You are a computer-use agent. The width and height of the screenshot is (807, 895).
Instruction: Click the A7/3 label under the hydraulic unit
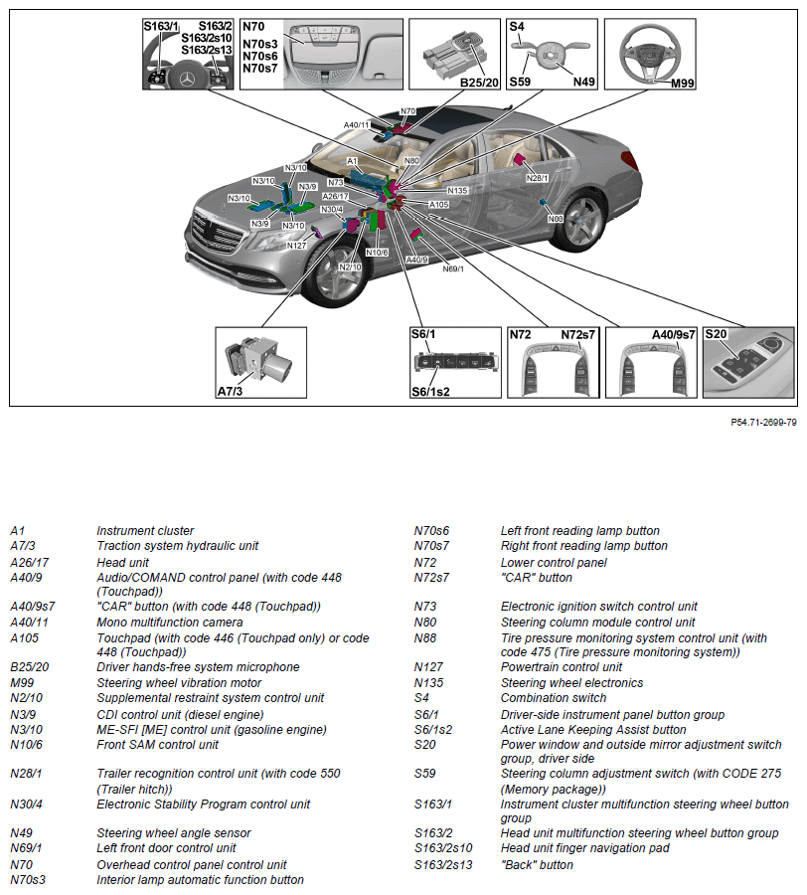point(231,392)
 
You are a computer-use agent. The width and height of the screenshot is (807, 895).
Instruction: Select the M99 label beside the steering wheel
point(682,84)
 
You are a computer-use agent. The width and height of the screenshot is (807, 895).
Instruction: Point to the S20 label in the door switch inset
point(717,335)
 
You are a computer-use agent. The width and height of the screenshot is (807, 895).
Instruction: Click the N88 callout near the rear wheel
point(556,218)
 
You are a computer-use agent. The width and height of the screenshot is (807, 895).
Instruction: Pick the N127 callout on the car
point(296,245)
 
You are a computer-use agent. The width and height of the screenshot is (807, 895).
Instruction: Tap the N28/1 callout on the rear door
point(536,178)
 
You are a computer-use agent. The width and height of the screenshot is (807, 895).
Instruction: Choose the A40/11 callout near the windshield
point(357,125)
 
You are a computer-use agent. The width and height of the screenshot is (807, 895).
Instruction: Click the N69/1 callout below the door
point(452,268)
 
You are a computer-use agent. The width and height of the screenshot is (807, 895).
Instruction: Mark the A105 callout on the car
point(438,205)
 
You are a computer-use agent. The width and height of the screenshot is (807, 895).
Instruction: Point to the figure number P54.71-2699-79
point(763,423)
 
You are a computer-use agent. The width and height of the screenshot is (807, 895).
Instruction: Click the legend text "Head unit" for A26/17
point(120,562)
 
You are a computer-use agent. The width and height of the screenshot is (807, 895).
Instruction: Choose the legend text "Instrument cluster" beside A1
point(145,531)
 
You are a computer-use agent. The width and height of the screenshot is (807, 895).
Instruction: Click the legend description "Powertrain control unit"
point(561,667)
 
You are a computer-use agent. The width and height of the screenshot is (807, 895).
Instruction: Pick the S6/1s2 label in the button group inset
point(430,391)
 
